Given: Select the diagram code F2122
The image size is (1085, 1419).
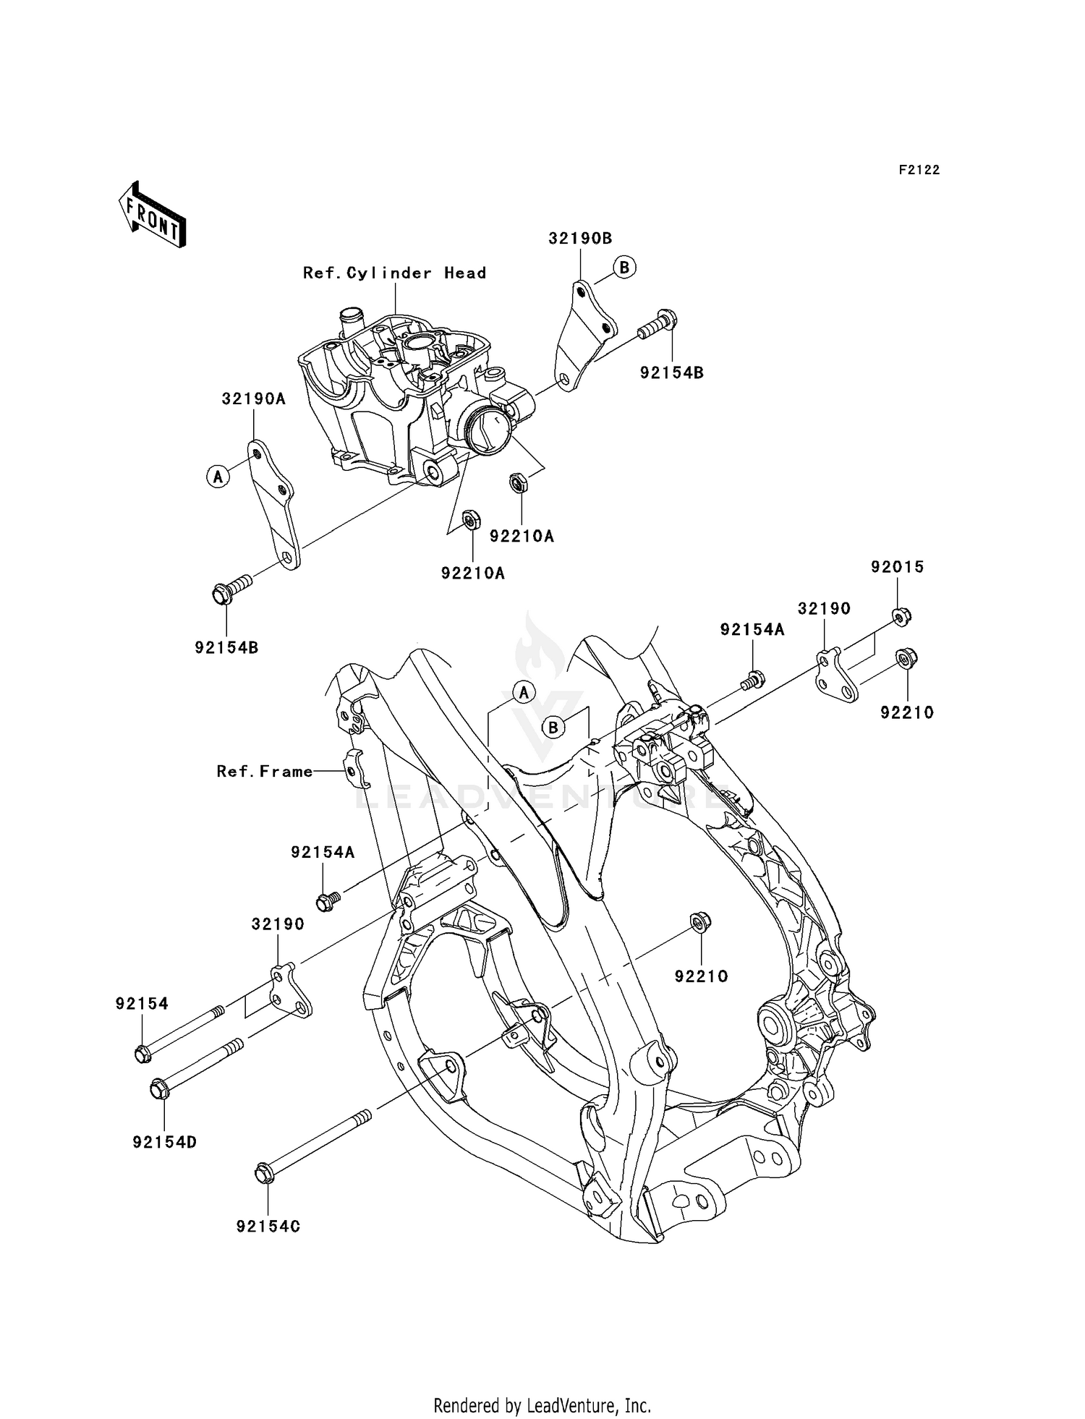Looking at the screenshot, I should click(x=919, y=170).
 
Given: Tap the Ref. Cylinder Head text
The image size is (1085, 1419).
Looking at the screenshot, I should click(x=394, y=273).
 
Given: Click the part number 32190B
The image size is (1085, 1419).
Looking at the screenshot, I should click(x=580, y=239).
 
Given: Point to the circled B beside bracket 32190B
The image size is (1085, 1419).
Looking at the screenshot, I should click(x=624, y=268).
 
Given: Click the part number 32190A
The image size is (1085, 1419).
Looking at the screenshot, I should click(x=253, y=399).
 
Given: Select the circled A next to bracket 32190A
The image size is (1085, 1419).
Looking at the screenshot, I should click(x=218, y=477).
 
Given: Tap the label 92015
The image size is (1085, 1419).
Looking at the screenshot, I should click(x=897, y=567).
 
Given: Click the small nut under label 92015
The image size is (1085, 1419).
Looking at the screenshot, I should click(x=901, y=616).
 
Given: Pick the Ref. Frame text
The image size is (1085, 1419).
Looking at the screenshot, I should click(x=265, y=772).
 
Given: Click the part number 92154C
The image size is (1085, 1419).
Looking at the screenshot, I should click(x=268, y=1227).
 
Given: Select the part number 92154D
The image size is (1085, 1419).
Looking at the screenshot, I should click(x=165, y=1143).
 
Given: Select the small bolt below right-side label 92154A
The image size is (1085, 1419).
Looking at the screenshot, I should click(x=753, y=679).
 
